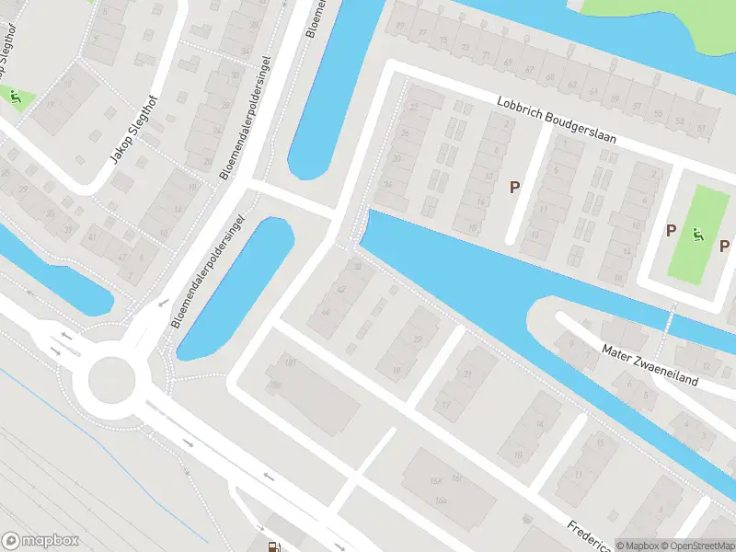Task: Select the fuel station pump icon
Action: click(272, 546)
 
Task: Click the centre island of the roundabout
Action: click(110, 379)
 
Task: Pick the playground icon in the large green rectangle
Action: click(699, 235)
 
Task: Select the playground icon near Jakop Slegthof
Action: click(14, 94)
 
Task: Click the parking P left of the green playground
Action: click(672, 230)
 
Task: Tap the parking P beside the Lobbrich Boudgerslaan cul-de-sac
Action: click(515, 187)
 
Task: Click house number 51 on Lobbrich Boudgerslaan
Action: click(702, 127)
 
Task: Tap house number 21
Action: click(467, 374)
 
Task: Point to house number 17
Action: click(445, 405)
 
